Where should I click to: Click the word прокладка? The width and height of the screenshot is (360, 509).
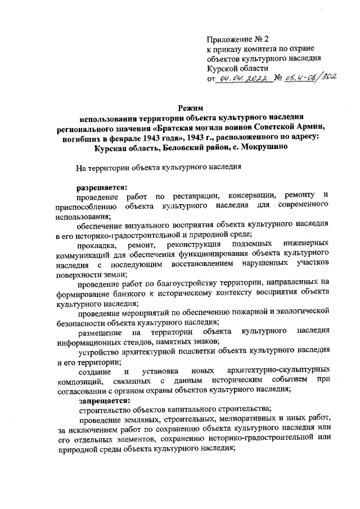pyautogui.click(x=97, y=246)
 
